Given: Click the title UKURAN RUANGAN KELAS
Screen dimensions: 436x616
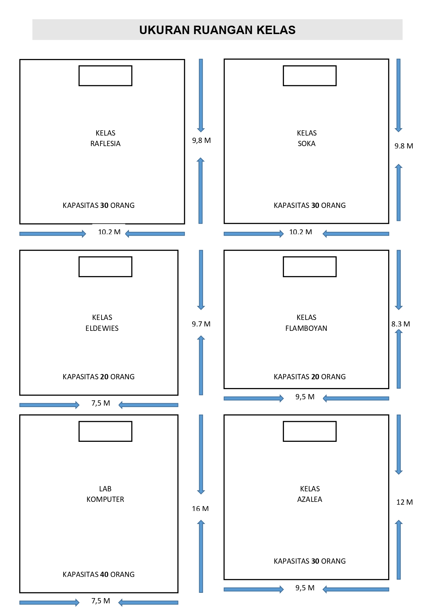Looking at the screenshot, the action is click(217, 30).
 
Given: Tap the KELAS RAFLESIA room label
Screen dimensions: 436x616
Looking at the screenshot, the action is click(105, 138).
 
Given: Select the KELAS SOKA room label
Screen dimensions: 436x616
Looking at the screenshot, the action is click(307, 138).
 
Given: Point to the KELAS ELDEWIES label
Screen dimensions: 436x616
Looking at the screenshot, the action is click(102, 323).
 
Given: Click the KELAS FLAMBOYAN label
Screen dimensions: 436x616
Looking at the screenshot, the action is click(306, 323).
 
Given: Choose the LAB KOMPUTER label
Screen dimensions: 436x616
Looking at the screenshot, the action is click(105, 494).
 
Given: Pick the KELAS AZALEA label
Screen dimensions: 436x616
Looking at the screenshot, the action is click(310, 494).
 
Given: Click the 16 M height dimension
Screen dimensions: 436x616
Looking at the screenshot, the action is click(200, 509).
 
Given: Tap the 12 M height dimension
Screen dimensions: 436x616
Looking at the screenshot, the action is click(404, 502).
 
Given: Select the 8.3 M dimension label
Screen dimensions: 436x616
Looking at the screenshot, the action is click(401, 324).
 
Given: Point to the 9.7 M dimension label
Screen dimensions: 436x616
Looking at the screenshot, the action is click(201, 324).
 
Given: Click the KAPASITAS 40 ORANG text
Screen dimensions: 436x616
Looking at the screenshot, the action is click(99, 575).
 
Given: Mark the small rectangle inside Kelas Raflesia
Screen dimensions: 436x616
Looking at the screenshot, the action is click(105, 76).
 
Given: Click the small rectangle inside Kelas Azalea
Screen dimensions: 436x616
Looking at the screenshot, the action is click(310, 431).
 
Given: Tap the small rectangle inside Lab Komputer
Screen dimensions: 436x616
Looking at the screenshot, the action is click(105, 431).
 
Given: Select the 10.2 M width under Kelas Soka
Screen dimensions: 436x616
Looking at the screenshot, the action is click(301, 232).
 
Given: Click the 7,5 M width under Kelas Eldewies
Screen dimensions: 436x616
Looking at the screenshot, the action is click(101, 403).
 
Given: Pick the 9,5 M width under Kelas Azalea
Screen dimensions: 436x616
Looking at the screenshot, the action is click(305, 588).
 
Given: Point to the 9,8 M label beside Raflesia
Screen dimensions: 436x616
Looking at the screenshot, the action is click(201, 140).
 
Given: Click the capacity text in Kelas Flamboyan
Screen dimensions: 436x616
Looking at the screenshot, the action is click(310, 377).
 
